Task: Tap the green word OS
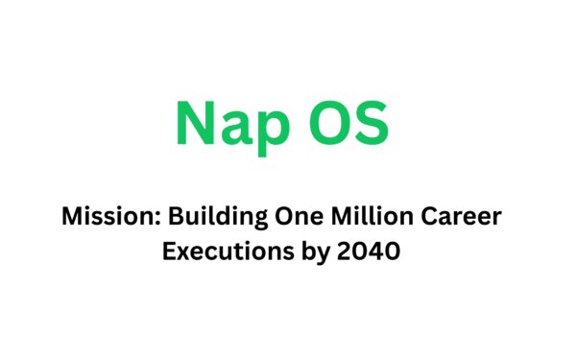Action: (x=353, y=124)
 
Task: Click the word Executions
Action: (x=219, y=252)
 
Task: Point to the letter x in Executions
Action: (x=182, y=254)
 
